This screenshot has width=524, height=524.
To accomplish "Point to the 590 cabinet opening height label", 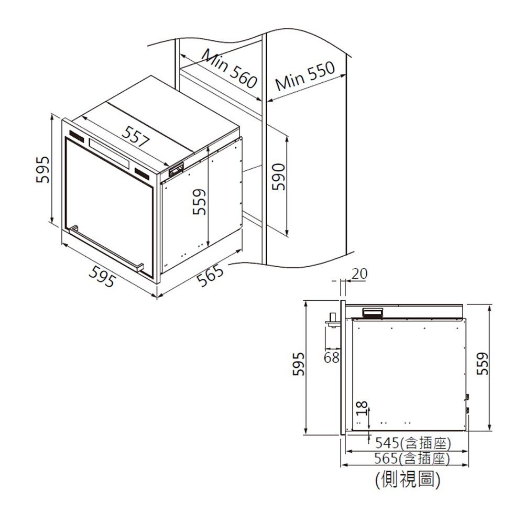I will tap(278, 176).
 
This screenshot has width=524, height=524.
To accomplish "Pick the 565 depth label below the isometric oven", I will tap(211, 276).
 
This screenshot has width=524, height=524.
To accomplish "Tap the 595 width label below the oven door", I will tap(101, 276).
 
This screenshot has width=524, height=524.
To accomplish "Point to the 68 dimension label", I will tap(331, 358).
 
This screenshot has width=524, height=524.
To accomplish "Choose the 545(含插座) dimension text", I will tap(413, 444).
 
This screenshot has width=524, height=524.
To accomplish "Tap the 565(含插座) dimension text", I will tap(413, 459).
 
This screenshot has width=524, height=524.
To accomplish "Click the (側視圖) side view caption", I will tap(408, 479).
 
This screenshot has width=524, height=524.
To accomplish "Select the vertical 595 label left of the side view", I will tap(298, 363).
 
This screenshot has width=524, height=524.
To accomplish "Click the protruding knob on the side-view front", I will tap(332, 320).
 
